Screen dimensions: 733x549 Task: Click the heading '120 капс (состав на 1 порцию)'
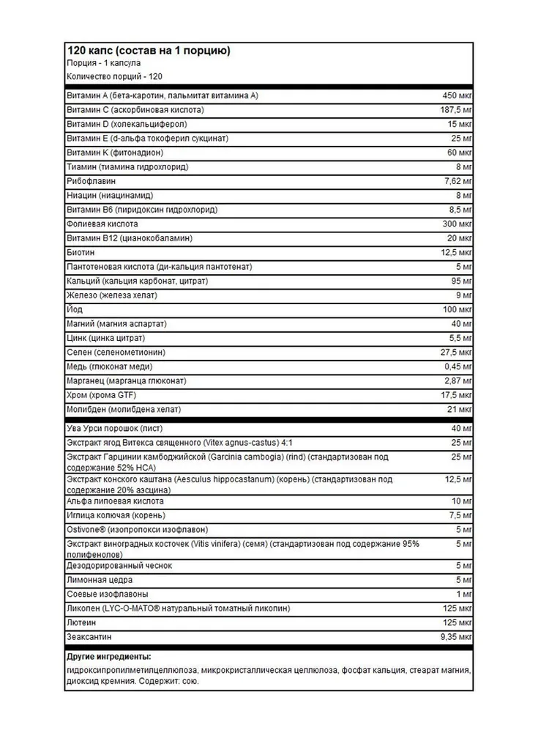click(x=149, y=51)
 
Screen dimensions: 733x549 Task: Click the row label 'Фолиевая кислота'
click(x=102, y=224)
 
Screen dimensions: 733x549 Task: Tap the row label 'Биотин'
click(x=80, y=252)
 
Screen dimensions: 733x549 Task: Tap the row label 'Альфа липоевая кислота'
click(x=115, y=501)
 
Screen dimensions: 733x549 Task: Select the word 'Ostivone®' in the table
click(x=87, y=529)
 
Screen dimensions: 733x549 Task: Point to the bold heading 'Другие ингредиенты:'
click(x=108, y=656)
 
